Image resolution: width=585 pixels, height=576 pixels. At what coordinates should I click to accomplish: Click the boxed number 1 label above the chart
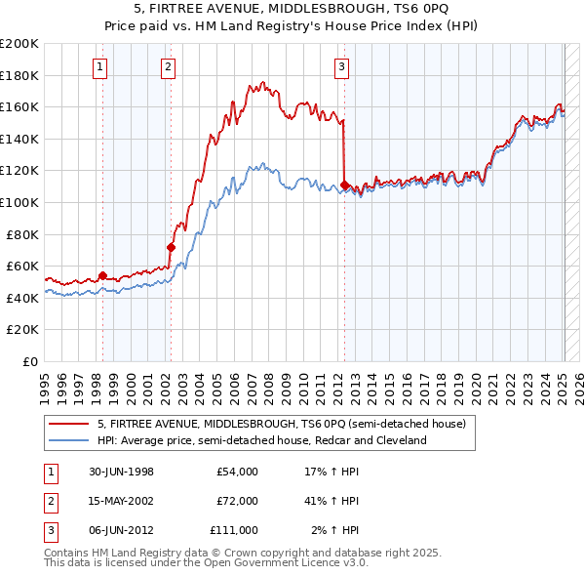pyautogui.click(x=101, y=67)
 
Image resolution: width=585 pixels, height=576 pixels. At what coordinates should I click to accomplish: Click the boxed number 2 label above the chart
pyautogui.click(x=169, y=67)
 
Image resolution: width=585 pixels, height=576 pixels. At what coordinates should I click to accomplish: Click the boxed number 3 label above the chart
pyautogui.click(x=342, y=67)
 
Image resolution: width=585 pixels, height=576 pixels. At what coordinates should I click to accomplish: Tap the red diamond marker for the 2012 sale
pyautogui.click(x=344, y=185)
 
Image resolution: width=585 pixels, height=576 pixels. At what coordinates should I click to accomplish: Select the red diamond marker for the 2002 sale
pyautogui.click(x=171, y=247)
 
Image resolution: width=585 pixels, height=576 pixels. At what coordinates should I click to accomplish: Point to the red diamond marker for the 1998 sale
pyautogui.click(x=102, y=275)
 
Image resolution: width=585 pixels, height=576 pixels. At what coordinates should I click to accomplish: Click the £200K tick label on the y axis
pyautogui.click(x=19, y=44)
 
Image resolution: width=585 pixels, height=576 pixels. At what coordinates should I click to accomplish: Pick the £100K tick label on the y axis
pyautogui.click(x=19, y=202)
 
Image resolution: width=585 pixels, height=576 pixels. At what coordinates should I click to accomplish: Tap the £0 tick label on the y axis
pyautogui.click(x=30, y=361)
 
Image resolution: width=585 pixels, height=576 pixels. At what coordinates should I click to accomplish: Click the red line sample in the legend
pyautogui.click(x=68, y=425)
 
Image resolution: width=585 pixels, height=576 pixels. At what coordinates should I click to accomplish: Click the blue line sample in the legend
pyautogui.click(x=68, y=441)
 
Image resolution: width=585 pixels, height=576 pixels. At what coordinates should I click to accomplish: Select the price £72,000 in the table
pyautogui.click(x=237, y=501)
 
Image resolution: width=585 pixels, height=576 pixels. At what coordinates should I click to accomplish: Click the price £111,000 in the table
pyautogui.click(x=234, y=530)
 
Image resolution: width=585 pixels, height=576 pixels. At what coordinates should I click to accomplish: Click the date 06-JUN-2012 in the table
pyautogui.click(x=120, y=530)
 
